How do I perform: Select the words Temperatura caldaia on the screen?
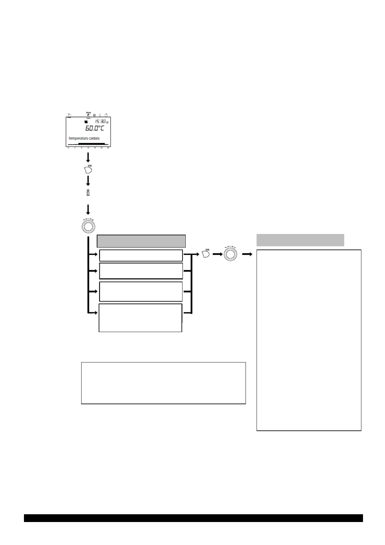click(84, 139)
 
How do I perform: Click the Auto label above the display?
click(88, 113)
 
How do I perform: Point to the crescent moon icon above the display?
click(100, 115)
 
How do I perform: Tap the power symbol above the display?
click(106, 115)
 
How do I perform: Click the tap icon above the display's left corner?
click(69, 115)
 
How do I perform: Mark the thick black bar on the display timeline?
click(92, 143)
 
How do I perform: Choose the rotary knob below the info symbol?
click(88, 226)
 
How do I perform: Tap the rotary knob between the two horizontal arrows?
click(230, 254)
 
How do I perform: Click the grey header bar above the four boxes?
click(141, 241)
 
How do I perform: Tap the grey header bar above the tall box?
click(300, 240)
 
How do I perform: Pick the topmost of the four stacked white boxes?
click(141, 255)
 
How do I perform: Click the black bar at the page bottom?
click(193, 518)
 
